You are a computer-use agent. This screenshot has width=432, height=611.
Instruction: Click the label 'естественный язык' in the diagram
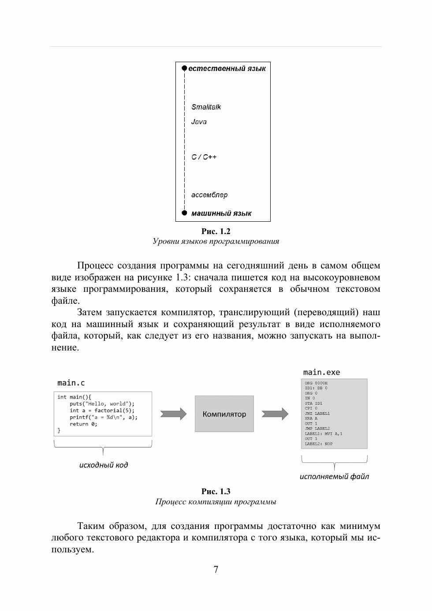[227, 69]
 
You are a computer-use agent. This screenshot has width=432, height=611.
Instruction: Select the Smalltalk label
[206, 107]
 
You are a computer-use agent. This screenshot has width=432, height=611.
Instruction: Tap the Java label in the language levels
[199, 122]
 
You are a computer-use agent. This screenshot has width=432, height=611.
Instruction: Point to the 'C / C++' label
[204, 157]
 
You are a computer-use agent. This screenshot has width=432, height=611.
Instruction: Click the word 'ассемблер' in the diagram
[209, 195]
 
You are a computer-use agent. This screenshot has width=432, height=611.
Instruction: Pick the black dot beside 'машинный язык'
[185, 213]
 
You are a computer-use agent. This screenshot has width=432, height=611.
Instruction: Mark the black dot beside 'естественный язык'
[185, 68]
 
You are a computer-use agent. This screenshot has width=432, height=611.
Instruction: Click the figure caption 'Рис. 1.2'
[216, 231]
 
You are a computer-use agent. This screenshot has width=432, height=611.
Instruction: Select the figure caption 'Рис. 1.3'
[216, 492]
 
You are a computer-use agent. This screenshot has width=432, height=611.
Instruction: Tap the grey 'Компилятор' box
[224, 414]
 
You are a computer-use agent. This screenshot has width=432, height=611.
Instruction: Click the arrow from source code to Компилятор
[173, 414]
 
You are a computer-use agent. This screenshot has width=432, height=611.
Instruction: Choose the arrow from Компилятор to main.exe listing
[275, 414]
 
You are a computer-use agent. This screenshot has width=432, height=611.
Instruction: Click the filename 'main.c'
[71, 383]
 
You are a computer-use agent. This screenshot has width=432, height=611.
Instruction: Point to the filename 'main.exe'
[321, 373]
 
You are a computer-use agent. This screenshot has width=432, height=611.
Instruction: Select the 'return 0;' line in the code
[83, 424]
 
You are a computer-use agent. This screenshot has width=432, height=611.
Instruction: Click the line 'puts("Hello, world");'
[102, 404]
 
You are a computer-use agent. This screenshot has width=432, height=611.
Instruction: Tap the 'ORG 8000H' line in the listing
[316, 383]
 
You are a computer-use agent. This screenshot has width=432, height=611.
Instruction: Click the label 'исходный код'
[104, 465]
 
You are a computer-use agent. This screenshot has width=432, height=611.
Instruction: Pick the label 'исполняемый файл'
[334, 477]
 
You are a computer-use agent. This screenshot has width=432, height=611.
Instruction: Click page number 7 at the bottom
[216, 570]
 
